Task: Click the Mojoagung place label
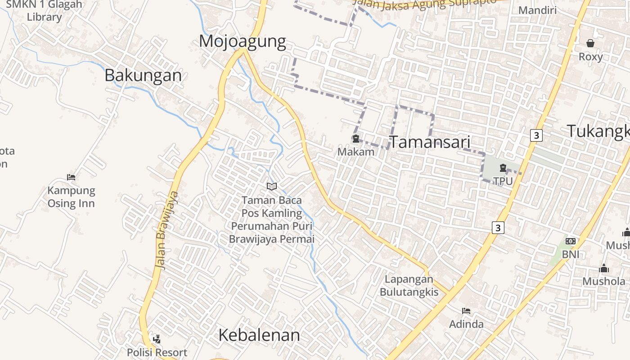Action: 242,41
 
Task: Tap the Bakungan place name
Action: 143,75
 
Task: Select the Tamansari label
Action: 429,142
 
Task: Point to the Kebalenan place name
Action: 259,335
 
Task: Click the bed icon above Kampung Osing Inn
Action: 71,177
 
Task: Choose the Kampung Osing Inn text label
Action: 71,197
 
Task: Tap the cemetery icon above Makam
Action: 355,139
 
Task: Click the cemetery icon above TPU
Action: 503,168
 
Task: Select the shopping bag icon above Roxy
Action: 590,43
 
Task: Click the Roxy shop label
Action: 590,57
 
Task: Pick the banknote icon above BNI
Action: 571,241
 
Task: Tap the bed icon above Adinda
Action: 466,311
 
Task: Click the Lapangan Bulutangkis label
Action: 409,285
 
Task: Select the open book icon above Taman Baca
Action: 271,186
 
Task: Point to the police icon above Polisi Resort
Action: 157,339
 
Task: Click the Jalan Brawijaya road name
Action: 166,230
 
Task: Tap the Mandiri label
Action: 537,10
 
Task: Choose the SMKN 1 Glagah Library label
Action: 44,11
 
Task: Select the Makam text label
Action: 355,152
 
